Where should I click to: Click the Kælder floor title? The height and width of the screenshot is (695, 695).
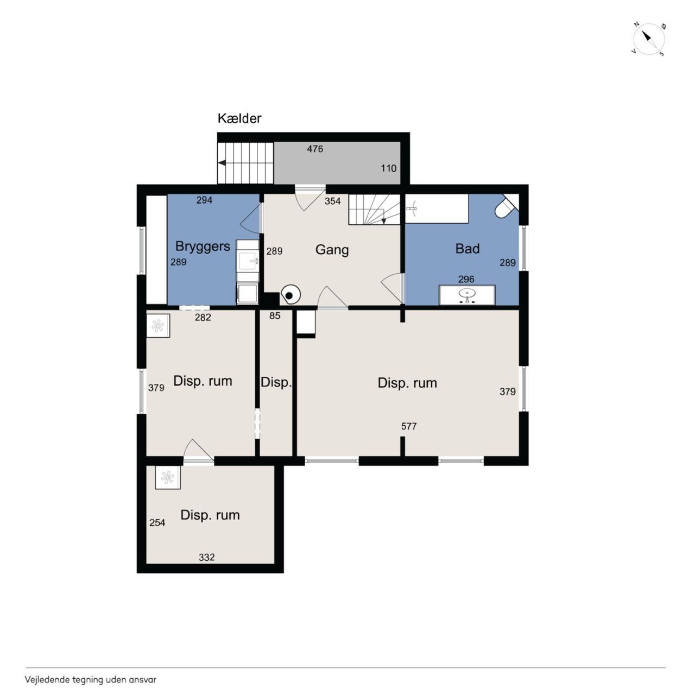239,118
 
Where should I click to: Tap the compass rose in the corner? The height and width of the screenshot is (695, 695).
649,39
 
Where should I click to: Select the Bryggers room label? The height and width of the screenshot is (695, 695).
203,247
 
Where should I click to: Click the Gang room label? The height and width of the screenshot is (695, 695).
332,250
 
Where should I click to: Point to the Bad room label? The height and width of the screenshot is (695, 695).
467,249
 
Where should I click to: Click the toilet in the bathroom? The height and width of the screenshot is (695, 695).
506,207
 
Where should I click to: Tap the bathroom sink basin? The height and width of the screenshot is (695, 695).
467,295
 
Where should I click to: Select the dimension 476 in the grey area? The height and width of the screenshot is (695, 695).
315,149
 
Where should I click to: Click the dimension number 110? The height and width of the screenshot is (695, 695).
388,168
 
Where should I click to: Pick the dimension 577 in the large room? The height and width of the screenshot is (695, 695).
409,426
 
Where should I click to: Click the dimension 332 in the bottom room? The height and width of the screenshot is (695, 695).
207,557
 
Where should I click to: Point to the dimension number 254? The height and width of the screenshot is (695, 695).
157,522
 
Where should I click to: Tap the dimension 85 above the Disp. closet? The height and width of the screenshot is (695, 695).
275,315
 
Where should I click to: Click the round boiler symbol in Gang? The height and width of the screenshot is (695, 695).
290,295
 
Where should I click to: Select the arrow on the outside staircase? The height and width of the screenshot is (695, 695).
222,163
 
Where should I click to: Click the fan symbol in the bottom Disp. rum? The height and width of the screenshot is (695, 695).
168,477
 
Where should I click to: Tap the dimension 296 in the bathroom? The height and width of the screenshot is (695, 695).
466,279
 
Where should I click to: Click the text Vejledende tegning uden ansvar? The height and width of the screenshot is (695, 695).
91,680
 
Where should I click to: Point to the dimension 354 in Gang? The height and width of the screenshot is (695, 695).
332,201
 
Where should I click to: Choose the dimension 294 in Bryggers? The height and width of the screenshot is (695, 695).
204,200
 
